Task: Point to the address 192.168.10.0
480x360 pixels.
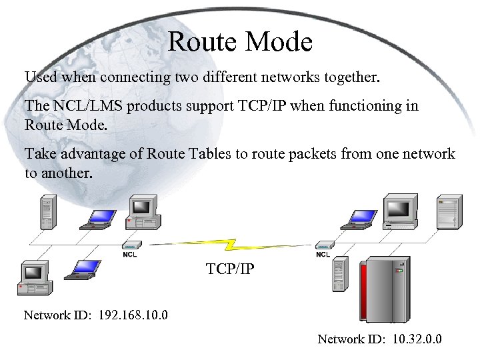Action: [133, 315]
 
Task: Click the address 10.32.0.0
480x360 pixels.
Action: [417, 340]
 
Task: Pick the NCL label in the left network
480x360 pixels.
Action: [131, 254]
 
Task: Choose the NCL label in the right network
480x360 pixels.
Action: [323, 254]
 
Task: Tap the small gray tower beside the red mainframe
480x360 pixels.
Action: [340, 275]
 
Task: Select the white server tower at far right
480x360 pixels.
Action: [449, 211]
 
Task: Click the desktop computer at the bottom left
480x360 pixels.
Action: [34, 279]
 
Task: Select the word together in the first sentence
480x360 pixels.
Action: [351, 77]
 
